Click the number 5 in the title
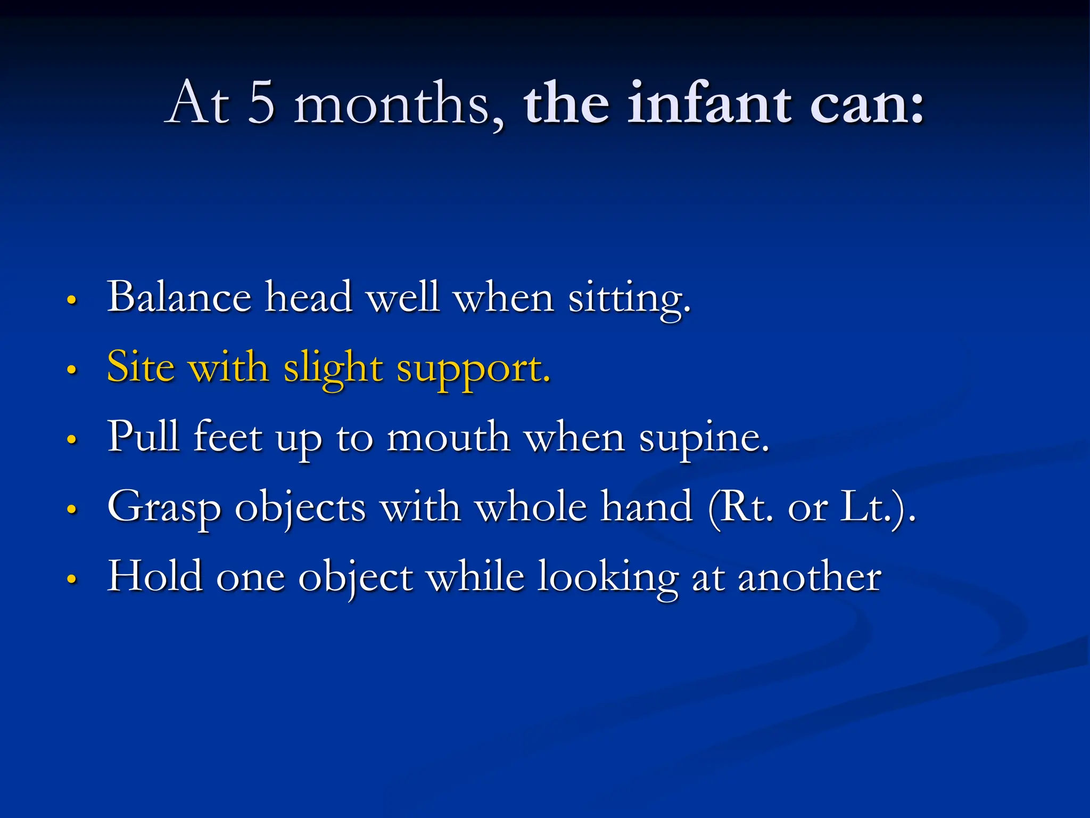point(261,102)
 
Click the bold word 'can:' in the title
point(868,104)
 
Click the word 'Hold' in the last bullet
point(155,577)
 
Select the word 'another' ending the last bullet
point(809,578)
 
